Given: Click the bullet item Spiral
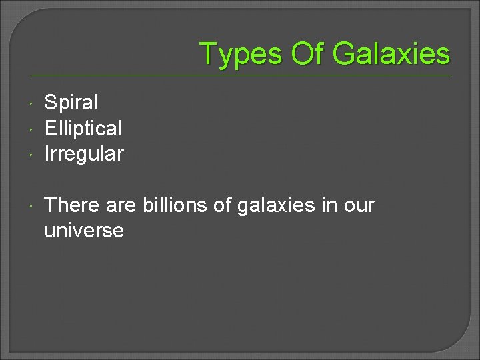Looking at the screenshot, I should [x=71, y=103].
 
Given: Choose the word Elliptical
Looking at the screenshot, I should [x=83, y=128].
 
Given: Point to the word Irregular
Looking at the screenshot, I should [x=83, y=154].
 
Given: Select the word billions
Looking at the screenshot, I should [x=175, y=205].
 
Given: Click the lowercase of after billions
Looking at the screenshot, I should [x=222, y=205].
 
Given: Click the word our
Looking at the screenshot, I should [x=359, y=206].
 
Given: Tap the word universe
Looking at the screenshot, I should [x=83, y=231].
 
